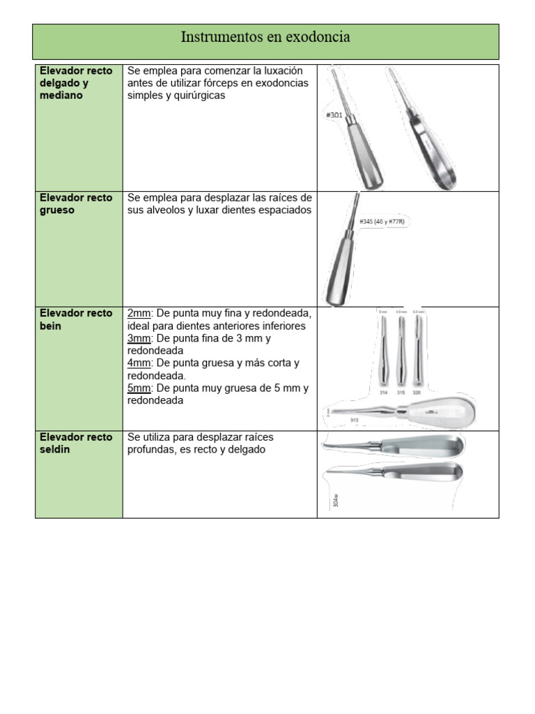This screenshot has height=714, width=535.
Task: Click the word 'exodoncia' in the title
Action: pos(318,38)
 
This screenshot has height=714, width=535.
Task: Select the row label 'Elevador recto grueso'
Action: pos(76,204)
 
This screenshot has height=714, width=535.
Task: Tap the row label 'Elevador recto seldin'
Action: pos(76,443)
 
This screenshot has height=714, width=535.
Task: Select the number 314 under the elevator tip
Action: pos(383,393)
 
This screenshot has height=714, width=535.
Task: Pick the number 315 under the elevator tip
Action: pos(401,393)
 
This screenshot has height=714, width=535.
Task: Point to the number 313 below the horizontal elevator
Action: pos(354,420)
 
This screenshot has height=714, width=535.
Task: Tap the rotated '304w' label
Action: pos(336,501)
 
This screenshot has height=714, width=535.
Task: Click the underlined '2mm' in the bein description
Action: pos(139,313)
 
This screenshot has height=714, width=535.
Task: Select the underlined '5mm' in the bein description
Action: pos(139,388)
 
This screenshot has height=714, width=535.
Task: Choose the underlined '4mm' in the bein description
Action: pos(139,363)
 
